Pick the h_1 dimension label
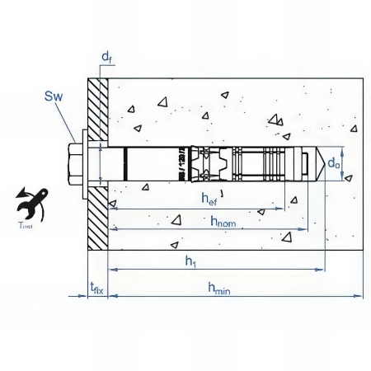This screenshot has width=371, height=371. [191, 261]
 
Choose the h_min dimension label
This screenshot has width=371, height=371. [218, 287]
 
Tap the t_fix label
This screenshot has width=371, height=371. [96, 287]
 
